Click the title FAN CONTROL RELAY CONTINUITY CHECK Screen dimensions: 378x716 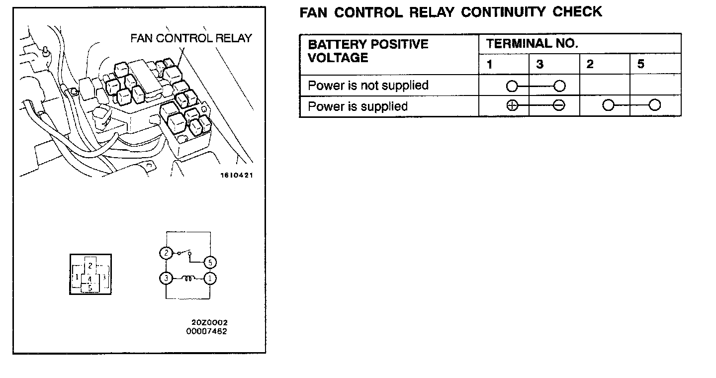tap(450, 12)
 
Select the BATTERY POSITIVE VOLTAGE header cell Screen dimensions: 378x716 tap(368, 51)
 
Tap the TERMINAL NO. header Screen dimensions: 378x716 tap(532, 44)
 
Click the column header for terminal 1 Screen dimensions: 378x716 tap(490, 65)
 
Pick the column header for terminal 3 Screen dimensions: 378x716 tap(540, 65)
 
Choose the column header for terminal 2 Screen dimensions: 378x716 tap(590, 65)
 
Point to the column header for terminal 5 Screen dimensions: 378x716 tap(641, 65)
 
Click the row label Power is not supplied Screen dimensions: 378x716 tap(368, 86)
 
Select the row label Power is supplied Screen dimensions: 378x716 tap(358, 106)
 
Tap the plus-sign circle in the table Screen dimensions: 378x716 tap(512, 105)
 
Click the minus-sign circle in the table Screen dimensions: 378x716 tap(559, 105)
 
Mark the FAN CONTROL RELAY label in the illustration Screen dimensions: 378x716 tap(191, 38)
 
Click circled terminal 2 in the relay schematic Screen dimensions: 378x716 tap(166, 253)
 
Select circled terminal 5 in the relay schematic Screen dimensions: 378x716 tap(210, 263)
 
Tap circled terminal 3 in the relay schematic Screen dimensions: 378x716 tap(166, 279)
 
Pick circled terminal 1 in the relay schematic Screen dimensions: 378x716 tap(210, 279)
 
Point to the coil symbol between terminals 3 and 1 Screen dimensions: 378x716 tap(188, 279)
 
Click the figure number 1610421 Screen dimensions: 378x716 tap(237, 175)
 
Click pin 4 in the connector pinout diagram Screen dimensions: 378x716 tap(90, 279)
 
